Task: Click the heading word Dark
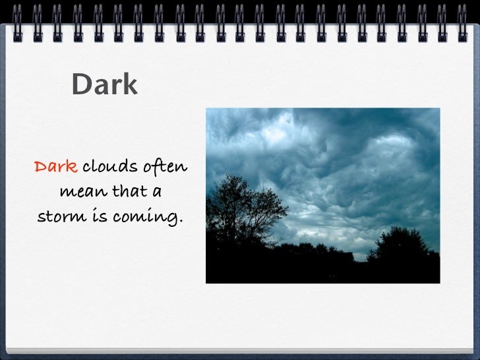click(104, 84)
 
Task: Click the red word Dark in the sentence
click(55, 167)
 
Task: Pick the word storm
click(65, 216)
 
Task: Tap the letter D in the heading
click(80, 84)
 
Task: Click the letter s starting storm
click(42, 217)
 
